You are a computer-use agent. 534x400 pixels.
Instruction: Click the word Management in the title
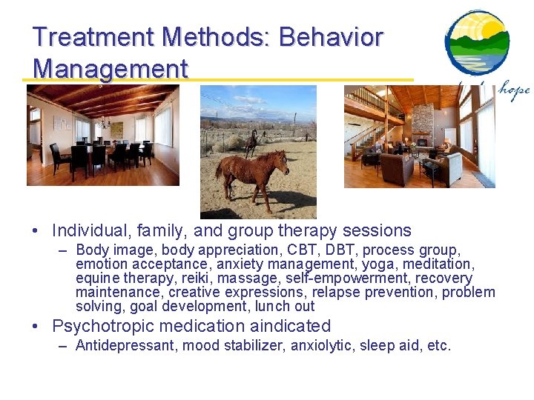[111, 69]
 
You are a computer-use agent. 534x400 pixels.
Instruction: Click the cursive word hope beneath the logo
[514, 90]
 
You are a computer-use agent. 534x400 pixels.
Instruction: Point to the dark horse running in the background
[251, 143]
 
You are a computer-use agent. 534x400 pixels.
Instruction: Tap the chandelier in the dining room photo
[105, 122]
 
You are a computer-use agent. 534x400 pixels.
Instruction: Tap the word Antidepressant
[125, 346]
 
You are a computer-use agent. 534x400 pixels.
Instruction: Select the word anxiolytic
[320, 346]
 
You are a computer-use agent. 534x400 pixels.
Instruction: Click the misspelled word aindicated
[290, 325]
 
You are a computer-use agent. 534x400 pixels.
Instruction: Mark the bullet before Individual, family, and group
[35, 231]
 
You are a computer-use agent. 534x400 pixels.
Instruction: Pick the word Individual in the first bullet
[89, 230]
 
